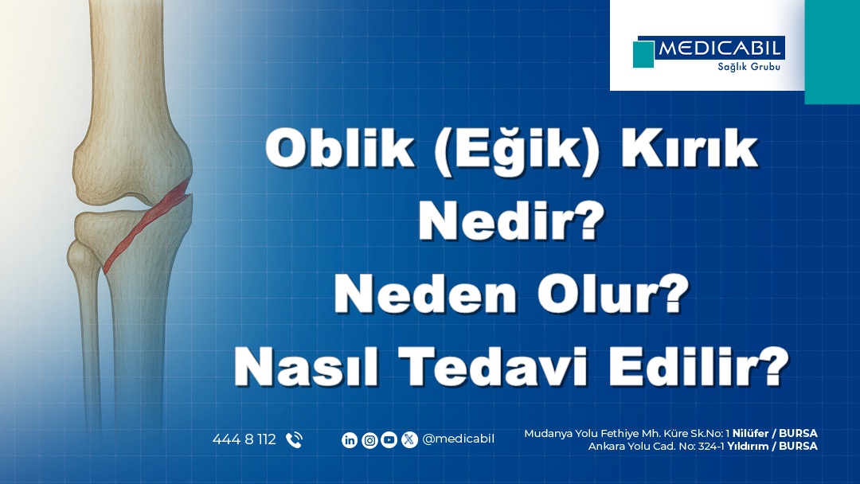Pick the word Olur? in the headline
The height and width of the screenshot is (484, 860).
612,295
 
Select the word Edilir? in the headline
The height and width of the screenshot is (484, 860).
698,366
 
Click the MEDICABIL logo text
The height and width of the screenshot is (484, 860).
719,49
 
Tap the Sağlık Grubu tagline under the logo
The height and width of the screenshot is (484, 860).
749,67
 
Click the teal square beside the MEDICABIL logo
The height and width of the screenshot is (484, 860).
643,54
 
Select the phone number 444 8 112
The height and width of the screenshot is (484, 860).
244,439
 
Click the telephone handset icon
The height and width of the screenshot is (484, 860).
295,439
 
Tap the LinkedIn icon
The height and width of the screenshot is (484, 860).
350,439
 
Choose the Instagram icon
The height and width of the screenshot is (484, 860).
369,439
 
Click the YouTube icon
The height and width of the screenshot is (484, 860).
389,439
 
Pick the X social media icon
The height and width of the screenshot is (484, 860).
409,439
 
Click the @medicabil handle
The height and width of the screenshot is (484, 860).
458,439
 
